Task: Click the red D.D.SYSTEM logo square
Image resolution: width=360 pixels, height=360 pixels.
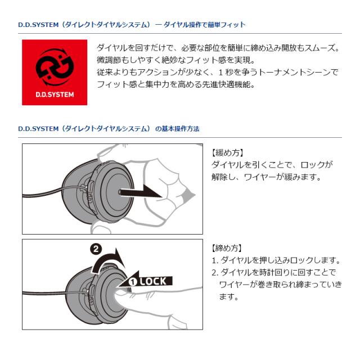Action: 55,73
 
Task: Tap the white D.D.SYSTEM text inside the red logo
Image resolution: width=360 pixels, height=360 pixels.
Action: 55,94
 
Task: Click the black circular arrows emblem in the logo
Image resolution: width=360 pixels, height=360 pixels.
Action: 55,67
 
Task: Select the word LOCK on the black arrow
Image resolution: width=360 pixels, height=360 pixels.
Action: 153,281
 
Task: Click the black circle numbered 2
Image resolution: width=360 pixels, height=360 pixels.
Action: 96,249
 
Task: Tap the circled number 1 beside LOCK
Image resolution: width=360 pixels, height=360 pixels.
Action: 133,282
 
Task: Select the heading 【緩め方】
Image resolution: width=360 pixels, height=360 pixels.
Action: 227,152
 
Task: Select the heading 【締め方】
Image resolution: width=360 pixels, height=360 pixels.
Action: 227,248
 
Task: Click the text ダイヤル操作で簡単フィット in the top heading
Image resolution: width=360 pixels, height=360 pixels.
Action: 205,25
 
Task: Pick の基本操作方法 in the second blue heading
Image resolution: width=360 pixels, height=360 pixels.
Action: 177,129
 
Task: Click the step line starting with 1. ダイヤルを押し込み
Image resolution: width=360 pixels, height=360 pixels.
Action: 276,260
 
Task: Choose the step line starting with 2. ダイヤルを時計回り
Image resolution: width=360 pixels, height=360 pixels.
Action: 274,272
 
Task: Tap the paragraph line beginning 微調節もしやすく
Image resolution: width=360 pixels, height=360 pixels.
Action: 176,60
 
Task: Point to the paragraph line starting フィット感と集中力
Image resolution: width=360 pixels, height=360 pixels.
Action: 176,84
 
